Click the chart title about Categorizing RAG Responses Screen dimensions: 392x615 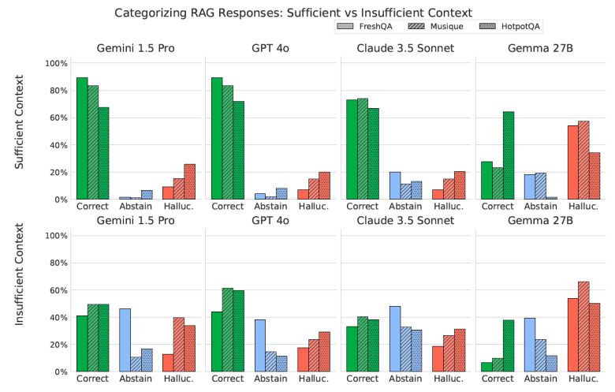pos(293,13)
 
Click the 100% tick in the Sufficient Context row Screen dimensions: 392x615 pos(57,63)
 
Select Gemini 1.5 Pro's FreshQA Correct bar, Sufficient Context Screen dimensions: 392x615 pos(81,138)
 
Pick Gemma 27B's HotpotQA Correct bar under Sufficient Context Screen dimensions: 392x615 pos(509,155)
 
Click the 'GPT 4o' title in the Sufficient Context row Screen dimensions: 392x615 pos(272,48)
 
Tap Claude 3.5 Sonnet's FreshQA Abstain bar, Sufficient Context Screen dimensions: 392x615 pos(395,185)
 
